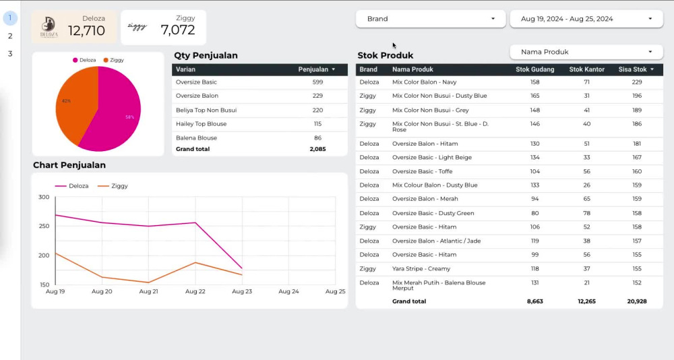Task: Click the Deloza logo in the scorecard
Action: click(49, 28)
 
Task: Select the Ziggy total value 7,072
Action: click(177, 30)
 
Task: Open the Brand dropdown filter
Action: click(431, 19)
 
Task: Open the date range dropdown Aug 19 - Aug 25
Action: click(586, 19)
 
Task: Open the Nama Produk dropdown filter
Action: click(586, 52)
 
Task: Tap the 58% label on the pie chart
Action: click(130, 117)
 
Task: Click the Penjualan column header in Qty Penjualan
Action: click(313, 69)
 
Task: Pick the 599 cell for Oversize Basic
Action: click(317, 82)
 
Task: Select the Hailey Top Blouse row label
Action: click(201, 124)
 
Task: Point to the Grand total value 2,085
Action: click(317, 149)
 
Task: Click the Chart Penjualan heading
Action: click(69, 165)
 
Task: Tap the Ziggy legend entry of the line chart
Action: click(113, 186)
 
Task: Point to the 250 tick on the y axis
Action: click(44, 227)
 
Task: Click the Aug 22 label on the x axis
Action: click(195, 292)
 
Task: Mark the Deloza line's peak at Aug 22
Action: click(195, 222)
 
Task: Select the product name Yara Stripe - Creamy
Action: click(421, 269)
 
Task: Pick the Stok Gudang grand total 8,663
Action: click(534, 301)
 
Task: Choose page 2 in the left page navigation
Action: click(10, 36)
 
